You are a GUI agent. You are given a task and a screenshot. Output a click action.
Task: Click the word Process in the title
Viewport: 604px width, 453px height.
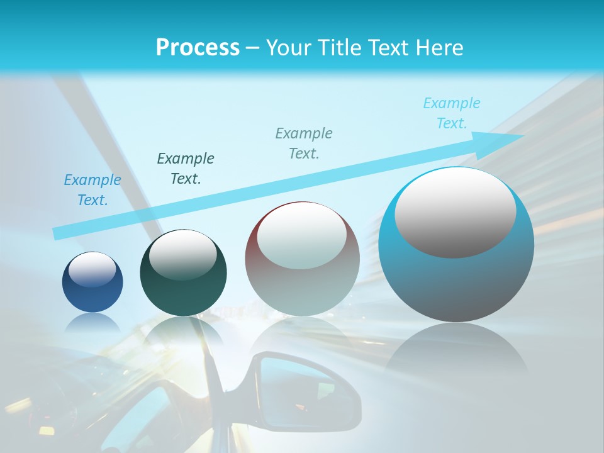click(198, 47)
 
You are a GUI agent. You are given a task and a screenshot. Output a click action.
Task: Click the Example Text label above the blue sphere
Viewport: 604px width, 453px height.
click(92, 190)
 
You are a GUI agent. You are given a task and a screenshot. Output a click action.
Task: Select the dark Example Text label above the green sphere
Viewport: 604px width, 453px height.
click(186, 169)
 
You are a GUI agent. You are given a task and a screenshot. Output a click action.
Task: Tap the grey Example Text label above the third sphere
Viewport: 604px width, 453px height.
click(304, 143)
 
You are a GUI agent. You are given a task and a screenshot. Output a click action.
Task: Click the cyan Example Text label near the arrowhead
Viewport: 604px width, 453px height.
click(452, 113)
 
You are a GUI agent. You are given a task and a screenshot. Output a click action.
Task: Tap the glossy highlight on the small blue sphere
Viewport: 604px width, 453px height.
click(92, 269)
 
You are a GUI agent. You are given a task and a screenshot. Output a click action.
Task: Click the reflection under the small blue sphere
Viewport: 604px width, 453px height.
click(92, 323)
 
